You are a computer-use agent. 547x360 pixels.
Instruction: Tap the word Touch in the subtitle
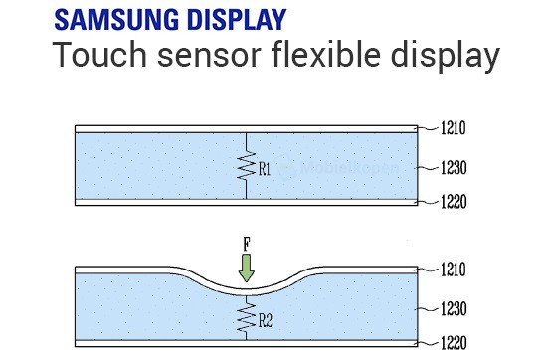tap(99, 55)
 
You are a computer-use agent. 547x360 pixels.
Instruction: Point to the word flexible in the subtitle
tap(325, 54)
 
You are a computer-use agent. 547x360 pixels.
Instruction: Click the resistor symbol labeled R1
tap(247, 166)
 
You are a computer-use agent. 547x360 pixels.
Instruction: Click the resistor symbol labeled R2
tap(247, 317)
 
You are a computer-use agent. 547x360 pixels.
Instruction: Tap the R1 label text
tap(265, 169)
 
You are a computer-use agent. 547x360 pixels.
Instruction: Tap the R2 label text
tap(266, 321)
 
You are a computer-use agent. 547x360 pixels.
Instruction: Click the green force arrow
tap(247, 268)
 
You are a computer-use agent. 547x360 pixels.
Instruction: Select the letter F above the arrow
tap(247, 244)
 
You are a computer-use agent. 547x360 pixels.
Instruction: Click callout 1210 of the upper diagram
tap(454, 128)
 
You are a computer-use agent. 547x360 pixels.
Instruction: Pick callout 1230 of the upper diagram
tap(454, 168)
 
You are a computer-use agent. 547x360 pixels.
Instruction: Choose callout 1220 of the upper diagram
tap(454, 202)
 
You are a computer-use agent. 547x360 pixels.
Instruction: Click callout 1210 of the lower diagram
tap(454, 270)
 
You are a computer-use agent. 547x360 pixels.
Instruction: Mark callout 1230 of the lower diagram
tap(454, 309)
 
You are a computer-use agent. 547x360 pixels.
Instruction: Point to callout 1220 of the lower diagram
tap(454, 343)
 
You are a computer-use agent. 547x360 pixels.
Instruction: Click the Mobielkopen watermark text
tap(349, 169)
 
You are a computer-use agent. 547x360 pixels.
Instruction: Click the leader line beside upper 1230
tap(427, 168)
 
